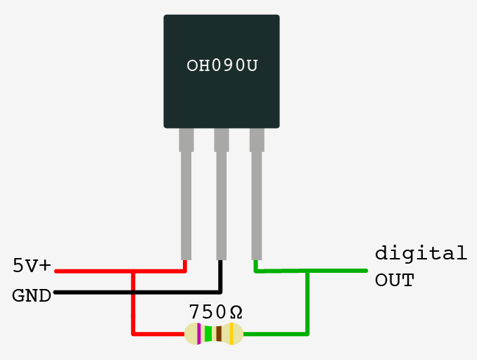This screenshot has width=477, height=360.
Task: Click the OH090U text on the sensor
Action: [222, 66]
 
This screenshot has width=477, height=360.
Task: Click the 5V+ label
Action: [32, 266]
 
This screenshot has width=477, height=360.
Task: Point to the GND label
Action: [32, 296]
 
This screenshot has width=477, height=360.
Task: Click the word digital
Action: [421, 252]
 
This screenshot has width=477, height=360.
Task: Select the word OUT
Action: [394, 281]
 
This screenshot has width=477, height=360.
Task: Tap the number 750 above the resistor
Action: [208, 311]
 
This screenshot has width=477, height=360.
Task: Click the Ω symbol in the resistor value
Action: [236, 311]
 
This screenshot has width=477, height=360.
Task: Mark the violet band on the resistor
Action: [199, 334]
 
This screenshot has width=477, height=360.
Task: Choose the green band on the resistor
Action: [208, 334]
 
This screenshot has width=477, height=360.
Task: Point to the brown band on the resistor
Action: [219, 334]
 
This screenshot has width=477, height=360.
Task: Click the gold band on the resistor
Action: [231, 334]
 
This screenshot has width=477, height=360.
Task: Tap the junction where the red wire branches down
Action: [133, 271]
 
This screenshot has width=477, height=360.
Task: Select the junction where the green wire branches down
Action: [307, 271]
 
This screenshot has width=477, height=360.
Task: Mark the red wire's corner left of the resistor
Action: [133, 333]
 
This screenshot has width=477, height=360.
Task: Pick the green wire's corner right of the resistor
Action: [307, 333]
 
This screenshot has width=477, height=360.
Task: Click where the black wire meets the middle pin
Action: [221, 262]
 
